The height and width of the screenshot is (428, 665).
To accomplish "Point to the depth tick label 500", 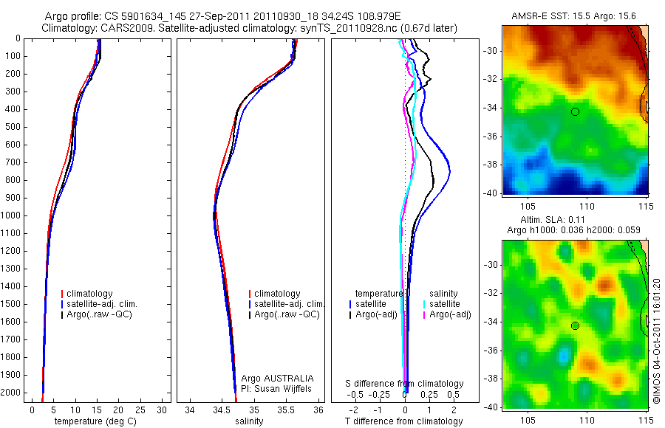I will (x=13, y=127).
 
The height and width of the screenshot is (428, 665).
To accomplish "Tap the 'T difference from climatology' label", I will (x=404, y=421).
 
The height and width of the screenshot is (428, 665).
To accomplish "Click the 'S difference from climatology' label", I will (x=405, y=384).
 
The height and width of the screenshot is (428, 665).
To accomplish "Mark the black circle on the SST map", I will (x=575, y=111).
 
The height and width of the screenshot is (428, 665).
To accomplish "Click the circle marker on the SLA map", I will (x=575, y=325).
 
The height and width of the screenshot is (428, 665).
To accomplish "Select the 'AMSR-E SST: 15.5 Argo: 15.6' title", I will (x=574, y=16).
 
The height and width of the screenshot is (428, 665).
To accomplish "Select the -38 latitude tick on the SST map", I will (x=491, y=165).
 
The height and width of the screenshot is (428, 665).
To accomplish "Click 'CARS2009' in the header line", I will (x=121, y=28).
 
